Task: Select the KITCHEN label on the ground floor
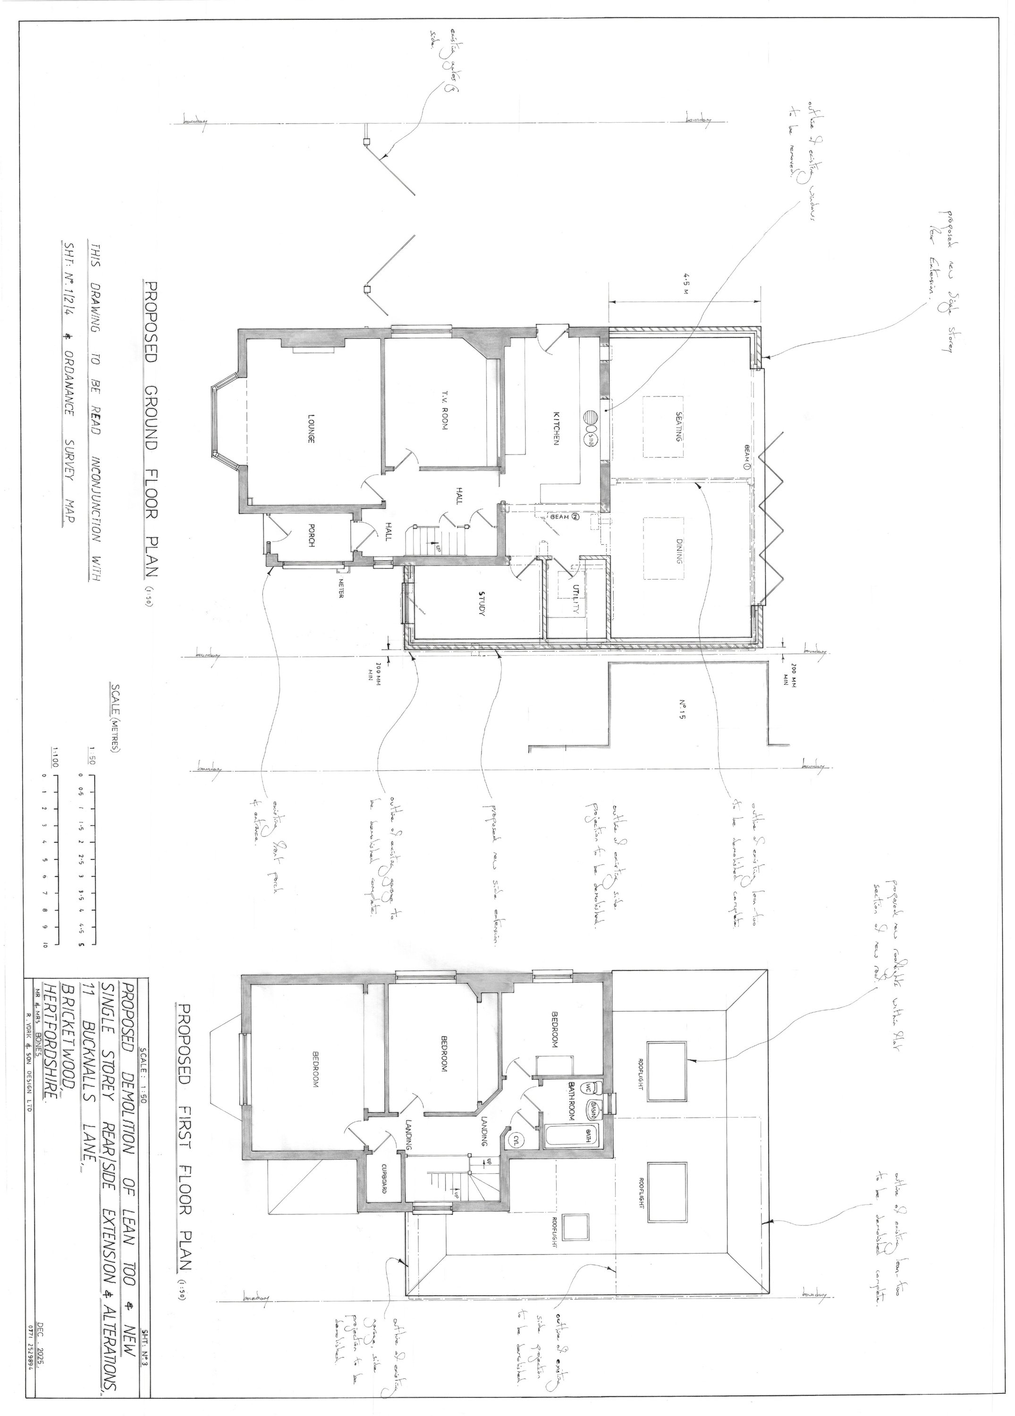[555, 428]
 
